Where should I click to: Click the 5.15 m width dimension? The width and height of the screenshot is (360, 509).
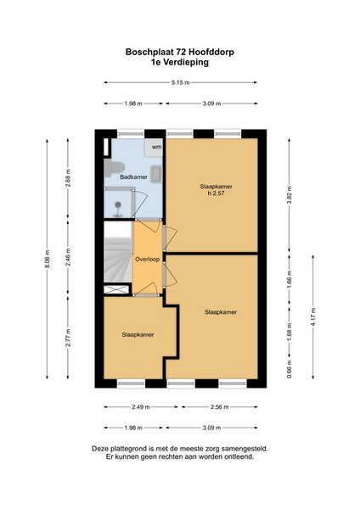point(180,82)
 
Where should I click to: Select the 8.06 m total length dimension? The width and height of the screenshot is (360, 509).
point(47,259)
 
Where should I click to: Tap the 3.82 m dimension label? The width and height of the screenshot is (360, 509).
point(290,194)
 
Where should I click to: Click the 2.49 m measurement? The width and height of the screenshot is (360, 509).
point(141,406)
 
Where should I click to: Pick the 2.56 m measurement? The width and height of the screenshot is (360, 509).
point(220,406)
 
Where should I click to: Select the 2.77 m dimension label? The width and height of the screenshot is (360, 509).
point(68,338)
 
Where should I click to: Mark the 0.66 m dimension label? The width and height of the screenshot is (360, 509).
point(290,369)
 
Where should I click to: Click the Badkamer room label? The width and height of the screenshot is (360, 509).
point(133,177)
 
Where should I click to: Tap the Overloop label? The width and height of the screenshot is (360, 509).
point(147,260)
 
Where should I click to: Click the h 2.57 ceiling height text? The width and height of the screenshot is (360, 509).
point(216,193)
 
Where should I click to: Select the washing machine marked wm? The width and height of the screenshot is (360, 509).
point(154,148)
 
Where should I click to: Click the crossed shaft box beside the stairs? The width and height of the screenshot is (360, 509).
point(116,289)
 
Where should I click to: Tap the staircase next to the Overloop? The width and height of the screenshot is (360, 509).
point(118,252)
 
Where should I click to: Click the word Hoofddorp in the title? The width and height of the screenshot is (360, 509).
point(211,52)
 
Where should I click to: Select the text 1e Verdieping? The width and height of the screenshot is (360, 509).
point(180,62)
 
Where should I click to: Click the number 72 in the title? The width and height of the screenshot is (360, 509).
point(181,52)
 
